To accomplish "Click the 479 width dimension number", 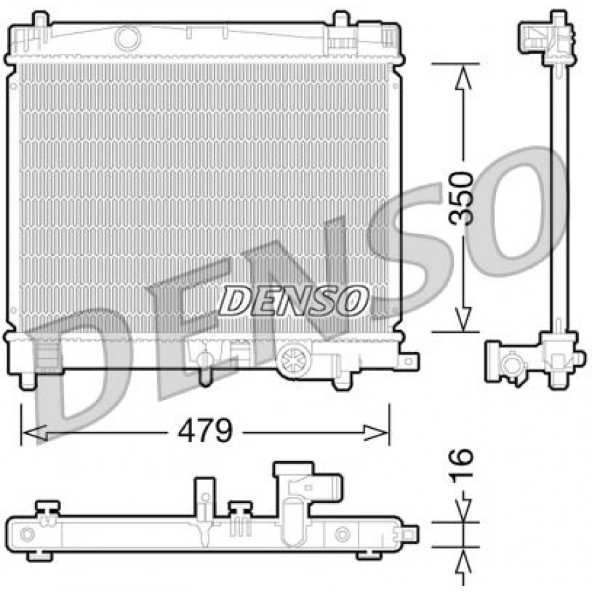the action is [x=205, y=430].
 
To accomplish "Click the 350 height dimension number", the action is [x=460, y=198].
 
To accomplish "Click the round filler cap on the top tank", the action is [x=128, y=38].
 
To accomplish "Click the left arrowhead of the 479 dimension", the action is [x=35, y=432].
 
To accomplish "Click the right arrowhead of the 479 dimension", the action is [x=376, y=432].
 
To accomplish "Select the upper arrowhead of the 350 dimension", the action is [x=463, y=77].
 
